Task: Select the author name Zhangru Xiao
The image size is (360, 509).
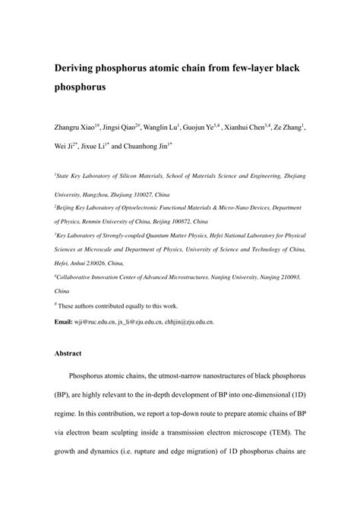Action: coord(77,127)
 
